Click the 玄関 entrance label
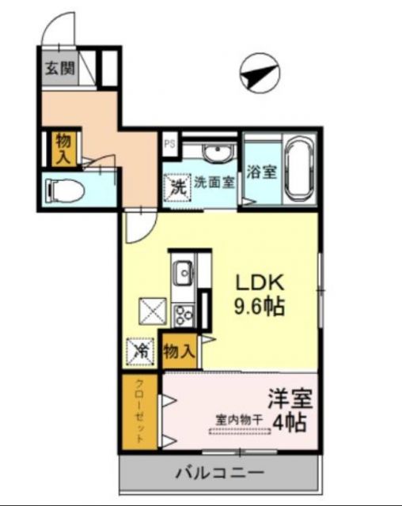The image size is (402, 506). [x=59, y=69]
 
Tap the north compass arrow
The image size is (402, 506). [x=259, y=74]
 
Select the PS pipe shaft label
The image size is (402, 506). [x=169, y=144]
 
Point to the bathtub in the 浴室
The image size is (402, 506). [x=299, y=170]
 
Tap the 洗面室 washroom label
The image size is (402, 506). [x=214, y=183]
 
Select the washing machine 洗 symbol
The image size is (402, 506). [x=178, y=188]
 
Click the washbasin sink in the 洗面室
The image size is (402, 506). [x=214, y=152]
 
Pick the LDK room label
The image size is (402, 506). [x=262, y=284]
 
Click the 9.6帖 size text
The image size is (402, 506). [x=262, y=306]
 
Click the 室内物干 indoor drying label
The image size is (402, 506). [x=240, y=420]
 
